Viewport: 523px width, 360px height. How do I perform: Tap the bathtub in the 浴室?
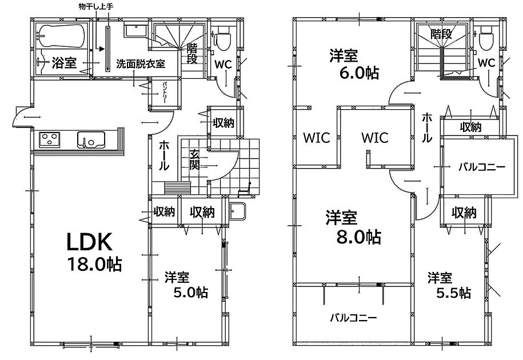(x=61, y=35)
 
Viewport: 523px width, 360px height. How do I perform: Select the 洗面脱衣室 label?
(x=141, y=64)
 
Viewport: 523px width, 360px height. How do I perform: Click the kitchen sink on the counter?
(x=91, y=139)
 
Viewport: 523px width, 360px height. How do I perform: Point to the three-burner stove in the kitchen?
(x=50, y=139)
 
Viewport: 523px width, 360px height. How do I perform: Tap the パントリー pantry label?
(x=165, y=92)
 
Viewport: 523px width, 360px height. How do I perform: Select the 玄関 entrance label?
(x=194, y=159)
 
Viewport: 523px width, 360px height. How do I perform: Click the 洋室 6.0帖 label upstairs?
(x=354, y=64)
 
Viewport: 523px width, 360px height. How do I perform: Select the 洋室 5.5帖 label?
(x=449, y=285)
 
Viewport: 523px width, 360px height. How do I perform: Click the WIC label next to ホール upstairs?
(x=375, y=137)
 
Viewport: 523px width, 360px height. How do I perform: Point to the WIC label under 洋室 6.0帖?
(x=317, y=137)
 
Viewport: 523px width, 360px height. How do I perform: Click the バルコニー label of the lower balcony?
(x=353, y=318)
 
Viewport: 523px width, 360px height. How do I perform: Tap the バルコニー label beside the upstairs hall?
(x=482, y=167)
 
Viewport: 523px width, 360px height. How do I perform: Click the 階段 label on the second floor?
(x=441, y=34)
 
